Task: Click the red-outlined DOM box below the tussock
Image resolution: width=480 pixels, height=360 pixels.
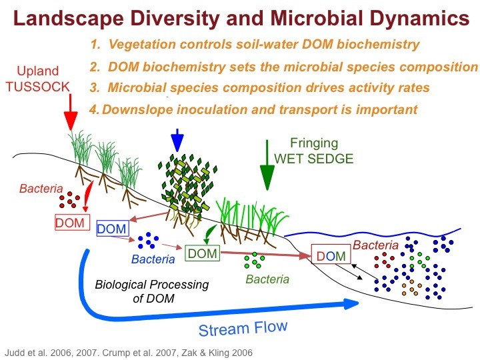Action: click(x=71, y=222)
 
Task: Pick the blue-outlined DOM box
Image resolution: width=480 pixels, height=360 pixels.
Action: click(x=111, y=229)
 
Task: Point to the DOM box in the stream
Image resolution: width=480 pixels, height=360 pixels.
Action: click(x=331, y=255)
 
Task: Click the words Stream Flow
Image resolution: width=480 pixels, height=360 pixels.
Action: click(x=244, y=329)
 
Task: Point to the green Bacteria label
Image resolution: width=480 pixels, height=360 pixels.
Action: click(x=267, y=279)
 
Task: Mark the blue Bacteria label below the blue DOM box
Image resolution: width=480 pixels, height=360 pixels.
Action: click(x=153, y=259)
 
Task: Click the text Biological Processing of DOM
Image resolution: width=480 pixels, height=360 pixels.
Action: click(x=151, y=291)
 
